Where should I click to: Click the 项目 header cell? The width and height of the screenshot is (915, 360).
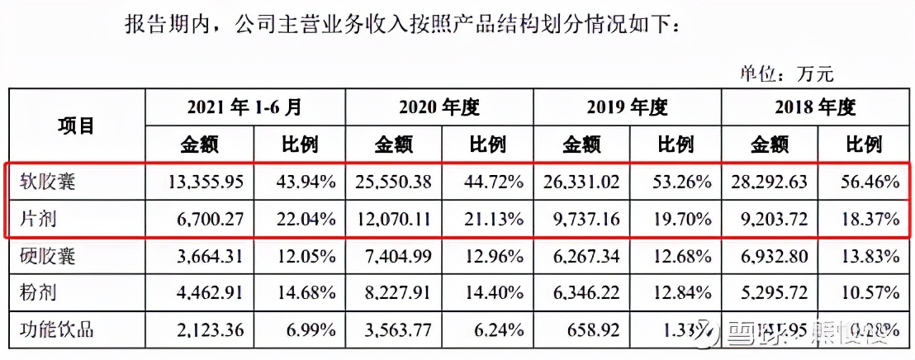(76, 126)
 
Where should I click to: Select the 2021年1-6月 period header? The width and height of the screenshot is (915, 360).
(244, 107)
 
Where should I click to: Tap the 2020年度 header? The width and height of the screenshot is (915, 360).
(439, 107)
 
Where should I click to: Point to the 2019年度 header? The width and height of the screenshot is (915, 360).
(627, 107)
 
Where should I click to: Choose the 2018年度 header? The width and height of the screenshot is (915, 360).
(814, 107)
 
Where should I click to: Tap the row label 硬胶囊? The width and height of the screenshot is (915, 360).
(49, 256)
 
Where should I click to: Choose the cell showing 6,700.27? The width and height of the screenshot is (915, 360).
(208, 220)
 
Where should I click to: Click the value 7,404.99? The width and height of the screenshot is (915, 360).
(397, 256)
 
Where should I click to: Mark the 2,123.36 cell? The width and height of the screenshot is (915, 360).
(208, 330)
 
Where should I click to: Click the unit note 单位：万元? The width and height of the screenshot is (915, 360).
(786, 73)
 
